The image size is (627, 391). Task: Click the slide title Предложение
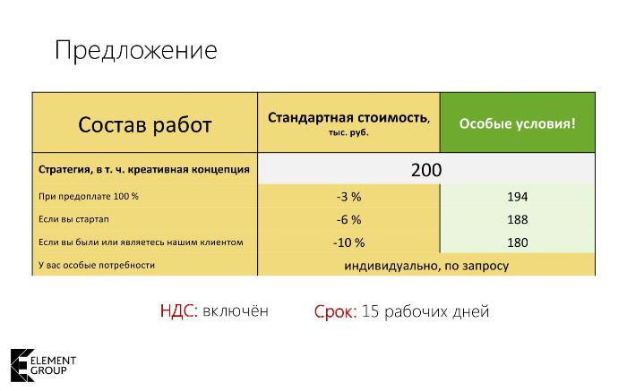click(136, 51)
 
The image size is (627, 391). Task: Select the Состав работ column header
click(145, 124)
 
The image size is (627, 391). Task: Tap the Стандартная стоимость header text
click(348, 118)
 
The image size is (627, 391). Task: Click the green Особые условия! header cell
click(518, 123)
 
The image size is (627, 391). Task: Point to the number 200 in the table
click(426, 170)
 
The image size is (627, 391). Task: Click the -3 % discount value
click(348, 197)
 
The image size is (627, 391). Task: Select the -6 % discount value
click(348, 220)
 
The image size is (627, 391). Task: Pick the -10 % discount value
click(348, 242)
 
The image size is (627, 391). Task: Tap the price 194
click(518, 197)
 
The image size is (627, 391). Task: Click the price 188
click(518, 220)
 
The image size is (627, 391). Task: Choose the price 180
click(518, 242)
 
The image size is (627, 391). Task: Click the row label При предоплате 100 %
click(89, 197)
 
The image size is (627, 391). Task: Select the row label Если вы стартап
click(73, 219)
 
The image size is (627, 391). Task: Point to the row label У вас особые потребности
click(97, 265)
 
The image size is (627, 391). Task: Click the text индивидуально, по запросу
click(426, 266)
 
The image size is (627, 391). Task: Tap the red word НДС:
click(179, 310)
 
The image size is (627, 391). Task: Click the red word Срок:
click(335, 311)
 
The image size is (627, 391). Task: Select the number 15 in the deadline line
click(370, 311)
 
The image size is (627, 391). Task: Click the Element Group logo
click(43, 365)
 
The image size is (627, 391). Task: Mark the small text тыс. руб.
click(348, 132)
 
